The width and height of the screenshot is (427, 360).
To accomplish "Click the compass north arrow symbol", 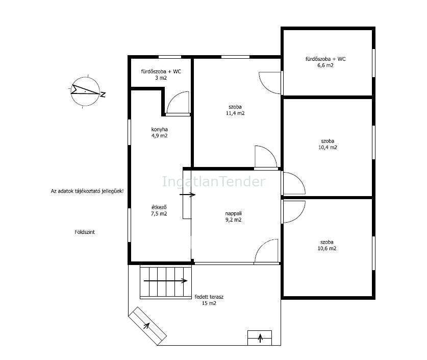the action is pyautogui.click(x=86, y=90).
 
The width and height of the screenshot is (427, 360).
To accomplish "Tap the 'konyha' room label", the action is pyautogui.click(x=159, y=130).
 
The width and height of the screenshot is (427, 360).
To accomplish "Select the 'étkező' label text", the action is pyautogui.click(x=159, y=207).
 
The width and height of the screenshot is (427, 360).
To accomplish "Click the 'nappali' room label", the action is pyautogui.click(x=233, y=213).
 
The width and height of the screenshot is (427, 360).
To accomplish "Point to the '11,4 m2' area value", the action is pyautogui.click(x=235, y=113).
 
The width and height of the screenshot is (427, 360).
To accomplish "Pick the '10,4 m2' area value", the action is pyautogui.click(x=328, y=148).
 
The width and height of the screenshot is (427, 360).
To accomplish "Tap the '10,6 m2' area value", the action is pyautogui.click(x=327, y=249).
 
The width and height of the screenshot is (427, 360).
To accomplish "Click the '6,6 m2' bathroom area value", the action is pyautogui.click(x=325, y=65).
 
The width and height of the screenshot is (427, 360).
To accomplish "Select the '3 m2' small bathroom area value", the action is pyautogui.click(x=161, y=78).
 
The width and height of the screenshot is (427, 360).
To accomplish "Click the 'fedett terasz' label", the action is pyautogui.click(x=209, y=297).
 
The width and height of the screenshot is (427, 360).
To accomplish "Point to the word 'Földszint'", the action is pyautogui.click(x=85, y=232).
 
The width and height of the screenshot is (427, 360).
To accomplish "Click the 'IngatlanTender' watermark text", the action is pyautogui.click(x=214, y=182).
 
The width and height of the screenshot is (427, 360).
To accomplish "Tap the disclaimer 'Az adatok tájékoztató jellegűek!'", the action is pyautogui.click(x=87, y=191).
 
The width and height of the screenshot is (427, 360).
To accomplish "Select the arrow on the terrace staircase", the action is pyautogui.click(x=166, y=281).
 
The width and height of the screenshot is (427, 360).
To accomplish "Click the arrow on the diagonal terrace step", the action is pyautogui.click(x=146, y=325).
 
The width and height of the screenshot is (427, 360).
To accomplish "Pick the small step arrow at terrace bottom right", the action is pyautogui.click(x=260, y=338).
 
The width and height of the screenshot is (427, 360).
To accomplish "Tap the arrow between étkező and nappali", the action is pyautogui.click(x=188, y=195).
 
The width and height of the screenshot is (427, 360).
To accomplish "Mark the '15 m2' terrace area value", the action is pyautogui.click(x=209, y=303).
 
